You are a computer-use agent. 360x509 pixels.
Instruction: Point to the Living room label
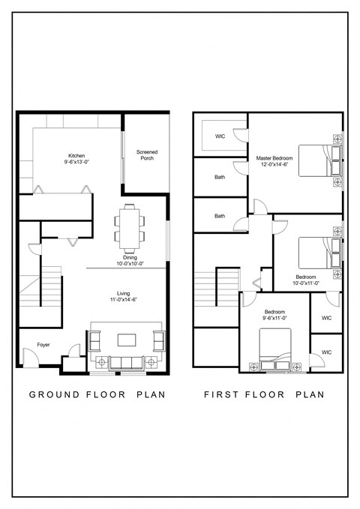(124, 296)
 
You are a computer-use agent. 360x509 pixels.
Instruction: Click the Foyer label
(34, 346)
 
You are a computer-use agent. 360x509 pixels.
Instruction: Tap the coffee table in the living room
(125, 340)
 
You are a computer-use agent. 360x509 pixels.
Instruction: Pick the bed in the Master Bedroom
(319, 160)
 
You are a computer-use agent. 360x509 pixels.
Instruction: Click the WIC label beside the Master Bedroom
(220, 136)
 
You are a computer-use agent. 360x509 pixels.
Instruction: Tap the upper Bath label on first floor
(220, 178)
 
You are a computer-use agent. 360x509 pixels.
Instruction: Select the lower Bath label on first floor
(220, 216)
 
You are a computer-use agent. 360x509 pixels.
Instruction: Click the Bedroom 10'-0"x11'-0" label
(305, 280)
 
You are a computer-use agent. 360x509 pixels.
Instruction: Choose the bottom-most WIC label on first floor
(326, 352)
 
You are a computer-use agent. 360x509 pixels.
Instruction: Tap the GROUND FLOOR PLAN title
(97, 394)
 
